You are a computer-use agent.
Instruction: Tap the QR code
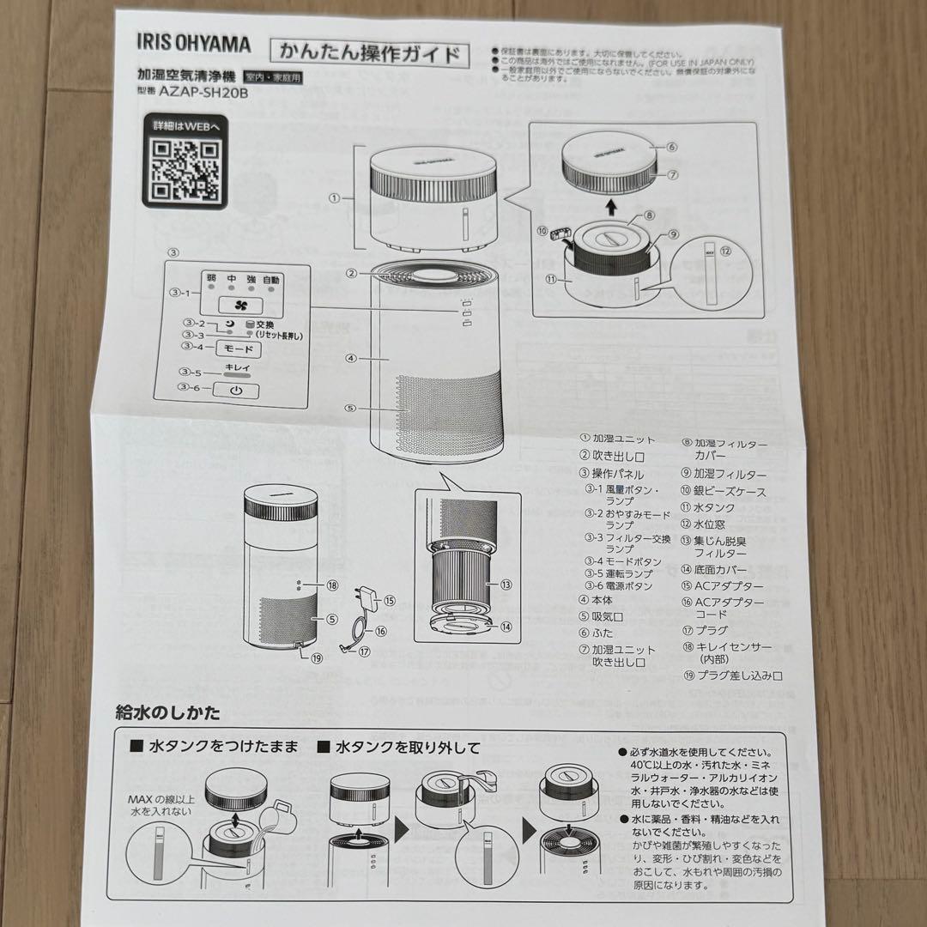tap(181, 167)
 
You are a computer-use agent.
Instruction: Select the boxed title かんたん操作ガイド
tap(370, 54)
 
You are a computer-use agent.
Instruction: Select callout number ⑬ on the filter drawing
tap(506, 585)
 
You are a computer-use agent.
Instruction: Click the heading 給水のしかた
tap(168, 712)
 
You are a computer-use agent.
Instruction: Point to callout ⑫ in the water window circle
tap(726, 251)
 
